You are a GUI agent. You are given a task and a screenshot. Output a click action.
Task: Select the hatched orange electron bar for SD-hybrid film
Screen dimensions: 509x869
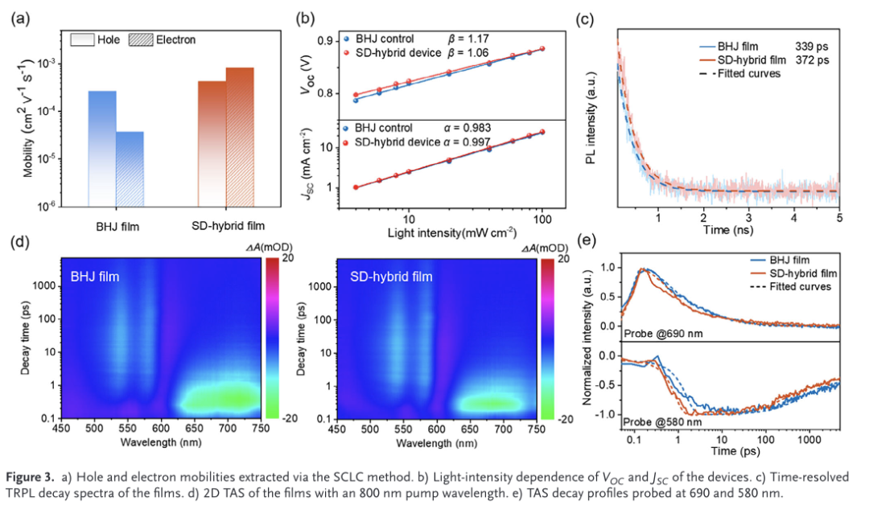[x=240, y=136]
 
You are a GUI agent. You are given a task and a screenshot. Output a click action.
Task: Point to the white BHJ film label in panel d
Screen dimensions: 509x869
[x=96, y=277]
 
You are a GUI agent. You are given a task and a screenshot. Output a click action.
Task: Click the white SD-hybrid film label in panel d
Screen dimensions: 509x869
[x=391, y=277]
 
